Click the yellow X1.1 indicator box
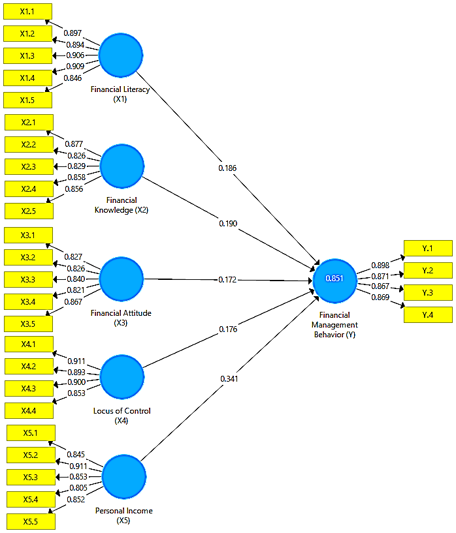(27, 12)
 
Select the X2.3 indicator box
(29, 166)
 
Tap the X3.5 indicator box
(28, 324)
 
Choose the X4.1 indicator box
(29, 344)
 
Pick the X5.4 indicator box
(31, 499)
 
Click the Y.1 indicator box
(428, 248)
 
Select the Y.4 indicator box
(428, 314)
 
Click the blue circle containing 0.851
(334, 281)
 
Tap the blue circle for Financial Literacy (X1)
(120, 55)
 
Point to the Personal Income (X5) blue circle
(124, 477)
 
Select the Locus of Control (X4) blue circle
(122, 376)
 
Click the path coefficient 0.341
(229, 378)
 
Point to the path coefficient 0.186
(227, 168)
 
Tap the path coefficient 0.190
(228, 223)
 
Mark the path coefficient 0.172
(227, 279)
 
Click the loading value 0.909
(75, 67)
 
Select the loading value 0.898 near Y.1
(380, 265)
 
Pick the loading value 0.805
(78, 488)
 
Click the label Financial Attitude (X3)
(121, 318)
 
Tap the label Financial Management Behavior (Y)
(334, 325)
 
